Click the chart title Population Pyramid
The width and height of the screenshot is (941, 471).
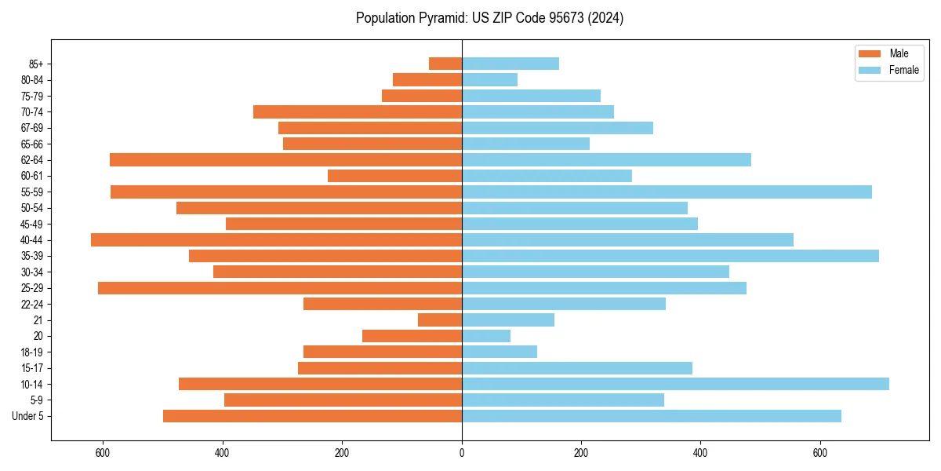point(489,18)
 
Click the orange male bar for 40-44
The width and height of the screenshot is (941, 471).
point(276,240)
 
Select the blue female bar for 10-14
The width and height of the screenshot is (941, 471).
point(675,384)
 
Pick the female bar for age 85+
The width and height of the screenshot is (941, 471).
point(510,64)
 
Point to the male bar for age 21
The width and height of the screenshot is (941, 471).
point(440,320)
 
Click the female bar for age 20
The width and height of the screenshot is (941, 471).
point(486,336)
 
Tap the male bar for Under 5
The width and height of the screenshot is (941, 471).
point(312,416)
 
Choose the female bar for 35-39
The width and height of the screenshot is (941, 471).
point(670,256)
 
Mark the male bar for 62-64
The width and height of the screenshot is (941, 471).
point(285,160)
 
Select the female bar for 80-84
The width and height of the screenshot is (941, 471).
point(489,80)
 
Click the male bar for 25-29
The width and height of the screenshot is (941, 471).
point(280,288)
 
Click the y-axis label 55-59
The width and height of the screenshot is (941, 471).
point(32,192)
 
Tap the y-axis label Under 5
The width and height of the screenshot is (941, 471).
point(28,416)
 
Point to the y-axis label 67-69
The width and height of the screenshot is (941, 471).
point(32,128)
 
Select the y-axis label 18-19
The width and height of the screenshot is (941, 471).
point(32,352)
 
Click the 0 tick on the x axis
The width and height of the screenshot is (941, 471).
point(462,453)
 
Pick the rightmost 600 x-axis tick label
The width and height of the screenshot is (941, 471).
point(820,453)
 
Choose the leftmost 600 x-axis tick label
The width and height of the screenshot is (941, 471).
point(103,453)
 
